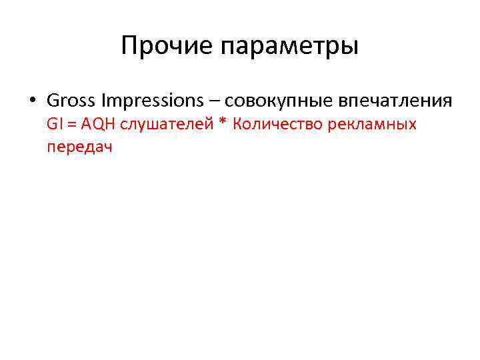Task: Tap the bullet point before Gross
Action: click(x=31, y=101)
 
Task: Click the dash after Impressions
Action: click(x=213, y=101)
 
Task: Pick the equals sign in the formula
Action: click(x=71, y=125)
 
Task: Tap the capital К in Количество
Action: click(x=238, y=124)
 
